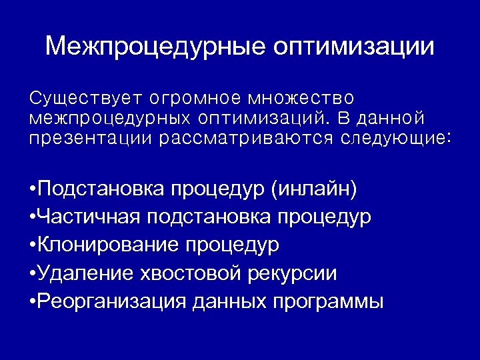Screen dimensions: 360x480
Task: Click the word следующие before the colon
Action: coord(393,139)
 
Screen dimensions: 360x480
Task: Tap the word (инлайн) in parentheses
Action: coord(314,190)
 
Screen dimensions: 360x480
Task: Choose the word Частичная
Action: coord(91,217)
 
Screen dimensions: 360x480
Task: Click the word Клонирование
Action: coord(109,245)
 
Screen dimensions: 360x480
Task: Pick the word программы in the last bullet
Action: coord(328,302)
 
